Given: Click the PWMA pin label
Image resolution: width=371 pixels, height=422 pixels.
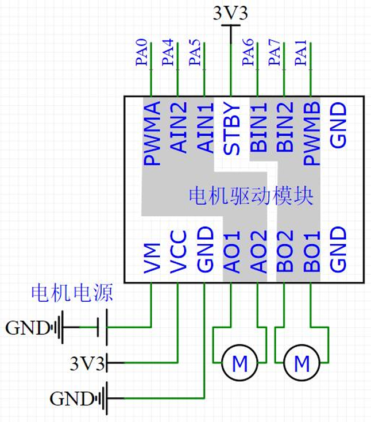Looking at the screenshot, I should click(152, 134).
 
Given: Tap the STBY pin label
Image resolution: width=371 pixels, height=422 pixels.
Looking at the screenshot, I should click(231, 130).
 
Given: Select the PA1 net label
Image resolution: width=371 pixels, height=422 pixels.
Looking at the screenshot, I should click(300, 53).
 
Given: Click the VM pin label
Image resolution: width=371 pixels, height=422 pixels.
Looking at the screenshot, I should click(152, 260).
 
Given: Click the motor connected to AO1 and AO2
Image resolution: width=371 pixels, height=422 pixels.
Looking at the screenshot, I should click(239, 363).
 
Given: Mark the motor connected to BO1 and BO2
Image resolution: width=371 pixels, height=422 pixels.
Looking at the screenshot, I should click(301, 363).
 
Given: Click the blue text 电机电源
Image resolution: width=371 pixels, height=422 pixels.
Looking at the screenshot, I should click(72, 293).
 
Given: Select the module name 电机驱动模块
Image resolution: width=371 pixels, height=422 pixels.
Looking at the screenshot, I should click(251, 197).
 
